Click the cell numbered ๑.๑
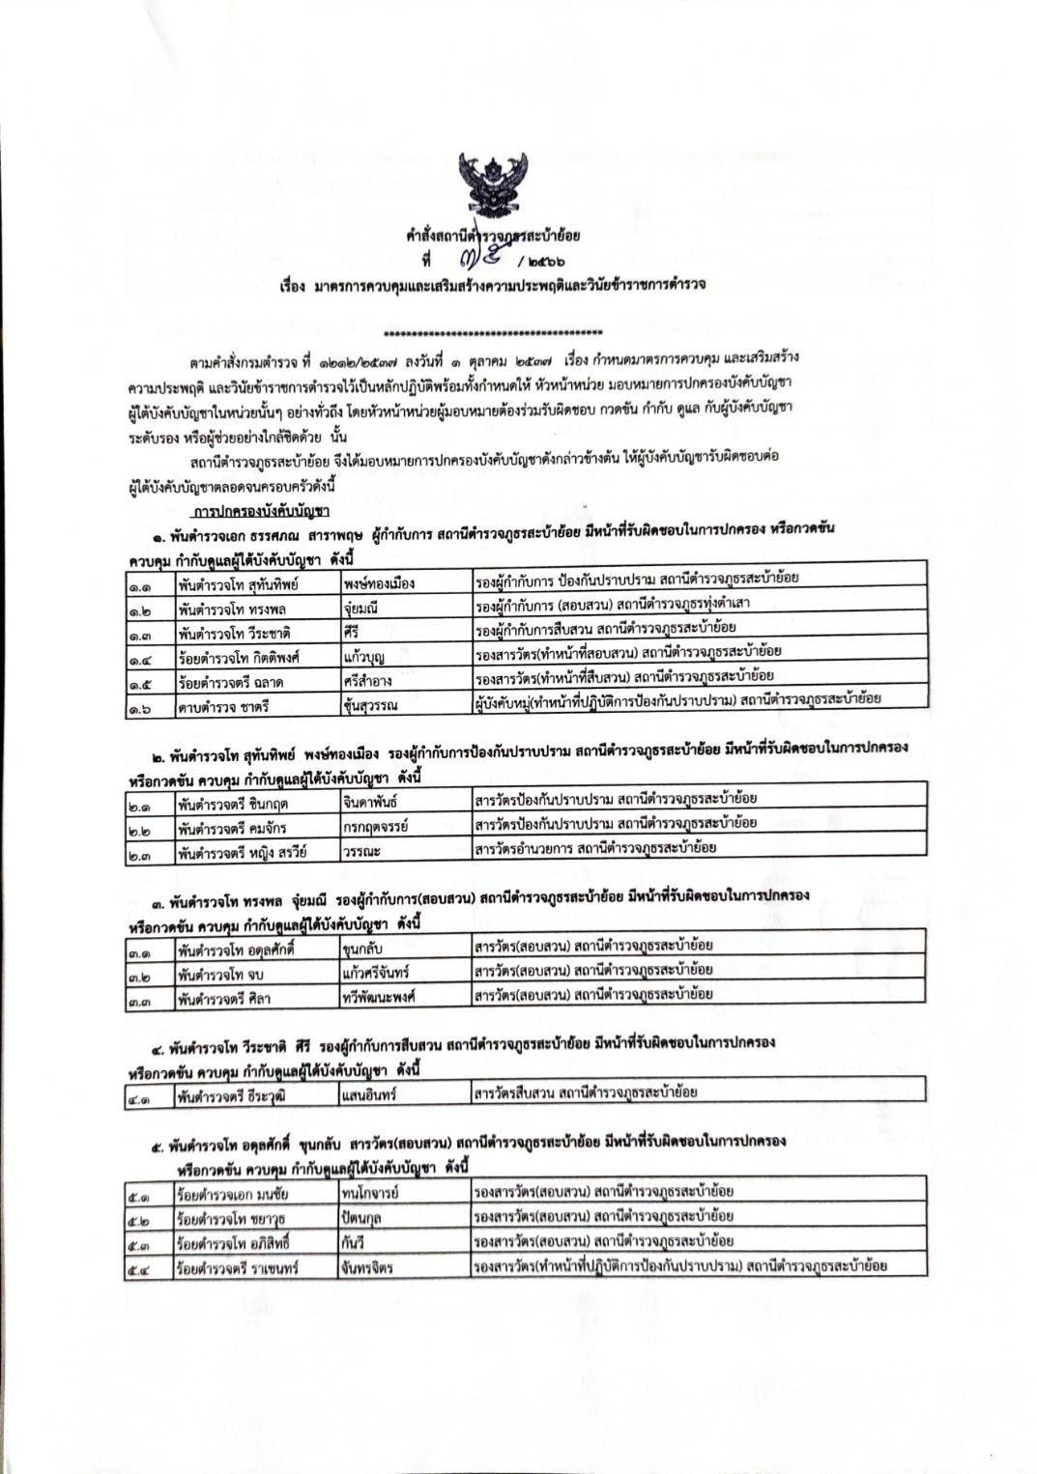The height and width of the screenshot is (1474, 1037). tap(150, 583)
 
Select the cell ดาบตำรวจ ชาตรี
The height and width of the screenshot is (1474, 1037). tap(257, 705)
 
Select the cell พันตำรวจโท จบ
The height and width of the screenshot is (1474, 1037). tap(257, 972)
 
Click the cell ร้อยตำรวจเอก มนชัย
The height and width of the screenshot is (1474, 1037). tap(257, 1194)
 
